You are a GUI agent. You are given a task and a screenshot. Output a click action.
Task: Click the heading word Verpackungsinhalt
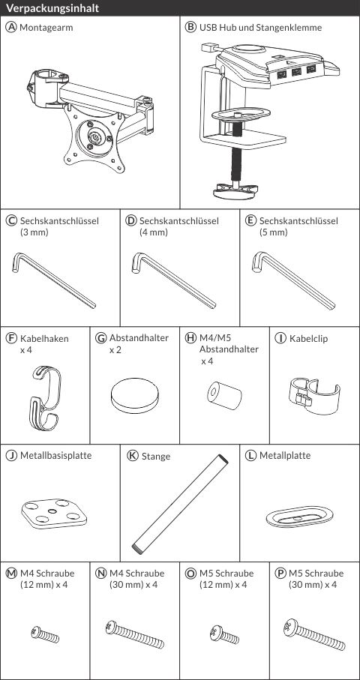pyautogui.click(x=52, y=8)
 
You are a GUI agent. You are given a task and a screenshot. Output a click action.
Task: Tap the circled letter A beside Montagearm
pyautogui.click(x=10, y=27)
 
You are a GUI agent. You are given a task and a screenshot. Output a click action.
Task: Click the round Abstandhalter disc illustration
pyautogui.click(x=134, y=396)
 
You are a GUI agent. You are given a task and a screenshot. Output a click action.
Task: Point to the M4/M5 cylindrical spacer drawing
pyautogui.click(x=223, y=395)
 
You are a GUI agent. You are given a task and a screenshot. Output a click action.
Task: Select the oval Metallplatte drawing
pyautogui.click(x=299, y=517)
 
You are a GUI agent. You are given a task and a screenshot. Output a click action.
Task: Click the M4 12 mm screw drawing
pyautogui.click(x=45, y=634)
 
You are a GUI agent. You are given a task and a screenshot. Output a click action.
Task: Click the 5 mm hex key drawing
pyautogui.click(x=293, y=280)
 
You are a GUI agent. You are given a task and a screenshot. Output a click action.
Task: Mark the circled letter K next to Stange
pyautogui.click(x=133, y=456)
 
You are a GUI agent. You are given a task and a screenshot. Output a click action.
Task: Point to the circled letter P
pyautogui.click(x=280, y=573)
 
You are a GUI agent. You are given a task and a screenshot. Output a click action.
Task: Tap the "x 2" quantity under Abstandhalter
pyautogui.click(x=115, y=349)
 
